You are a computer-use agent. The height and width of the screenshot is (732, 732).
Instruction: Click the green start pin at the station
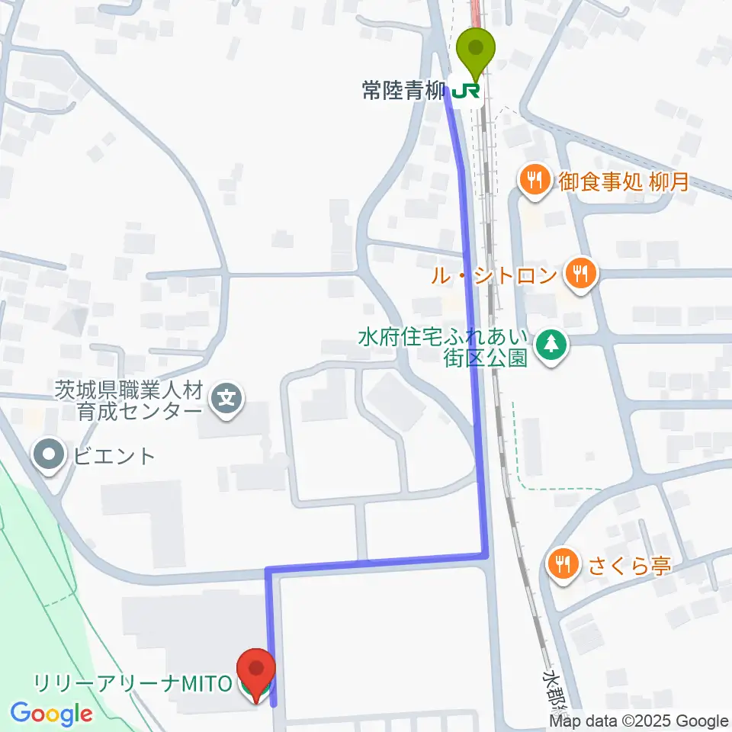click(476, 50)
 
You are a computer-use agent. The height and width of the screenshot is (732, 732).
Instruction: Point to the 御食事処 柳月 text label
click(623, 181)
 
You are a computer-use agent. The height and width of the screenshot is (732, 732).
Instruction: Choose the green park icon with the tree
click(550, 345)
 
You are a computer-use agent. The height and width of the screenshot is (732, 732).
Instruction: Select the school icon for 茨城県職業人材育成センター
click(226, 396)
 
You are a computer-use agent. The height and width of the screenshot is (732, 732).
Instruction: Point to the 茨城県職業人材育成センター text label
click(129, 401)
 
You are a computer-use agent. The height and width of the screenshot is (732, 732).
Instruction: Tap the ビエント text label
click(114, 457)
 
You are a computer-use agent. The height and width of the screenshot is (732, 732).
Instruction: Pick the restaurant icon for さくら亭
click(564, 564)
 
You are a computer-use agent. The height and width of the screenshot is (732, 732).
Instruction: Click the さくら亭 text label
click(629, 566)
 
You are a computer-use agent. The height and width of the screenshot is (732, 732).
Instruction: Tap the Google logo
click(52, 714)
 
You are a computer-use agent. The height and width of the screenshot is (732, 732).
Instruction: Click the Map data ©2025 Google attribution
click(639, 721)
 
